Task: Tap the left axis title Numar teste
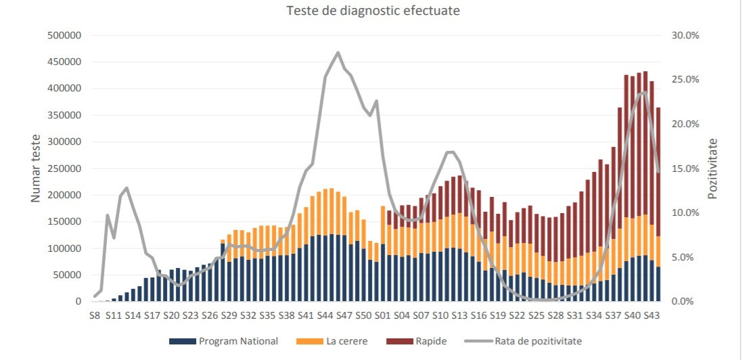tap(36, 168)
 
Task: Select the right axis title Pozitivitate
tap(712, 168)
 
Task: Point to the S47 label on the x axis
tap(344, 315)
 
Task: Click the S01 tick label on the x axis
tap(383, 315)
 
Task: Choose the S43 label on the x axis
tap(651, 315)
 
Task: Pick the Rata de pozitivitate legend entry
tap(538, 341)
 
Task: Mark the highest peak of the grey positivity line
tap(338, 52)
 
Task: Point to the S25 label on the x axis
tap(536, 315)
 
